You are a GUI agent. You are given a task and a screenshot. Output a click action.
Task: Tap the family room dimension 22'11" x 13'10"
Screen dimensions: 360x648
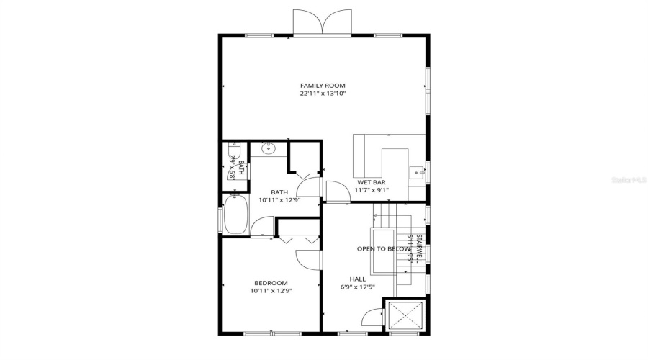323,94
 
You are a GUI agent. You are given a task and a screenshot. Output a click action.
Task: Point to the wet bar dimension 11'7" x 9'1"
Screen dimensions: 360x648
372,191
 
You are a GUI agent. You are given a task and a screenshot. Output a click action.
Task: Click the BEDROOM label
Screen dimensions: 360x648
271,283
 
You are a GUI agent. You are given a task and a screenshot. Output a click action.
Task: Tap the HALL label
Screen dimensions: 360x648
357,279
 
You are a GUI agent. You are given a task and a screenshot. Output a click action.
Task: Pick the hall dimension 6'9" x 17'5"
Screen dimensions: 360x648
357,287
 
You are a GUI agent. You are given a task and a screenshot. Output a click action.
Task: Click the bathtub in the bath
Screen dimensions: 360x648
235,215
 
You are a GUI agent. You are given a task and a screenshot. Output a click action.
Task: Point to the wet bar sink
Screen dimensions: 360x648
417,173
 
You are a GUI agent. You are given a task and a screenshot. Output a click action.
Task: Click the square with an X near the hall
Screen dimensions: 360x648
407,316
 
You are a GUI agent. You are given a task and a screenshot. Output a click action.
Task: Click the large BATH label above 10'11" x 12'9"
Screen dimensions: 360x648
279,192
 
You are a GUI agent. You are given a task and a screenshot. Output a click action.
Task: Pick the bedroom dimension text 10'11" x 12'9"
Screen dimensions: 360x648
271,291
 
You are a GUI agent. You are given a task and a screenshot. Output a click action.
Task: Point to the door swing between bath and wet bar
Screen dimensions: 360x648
336,192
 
